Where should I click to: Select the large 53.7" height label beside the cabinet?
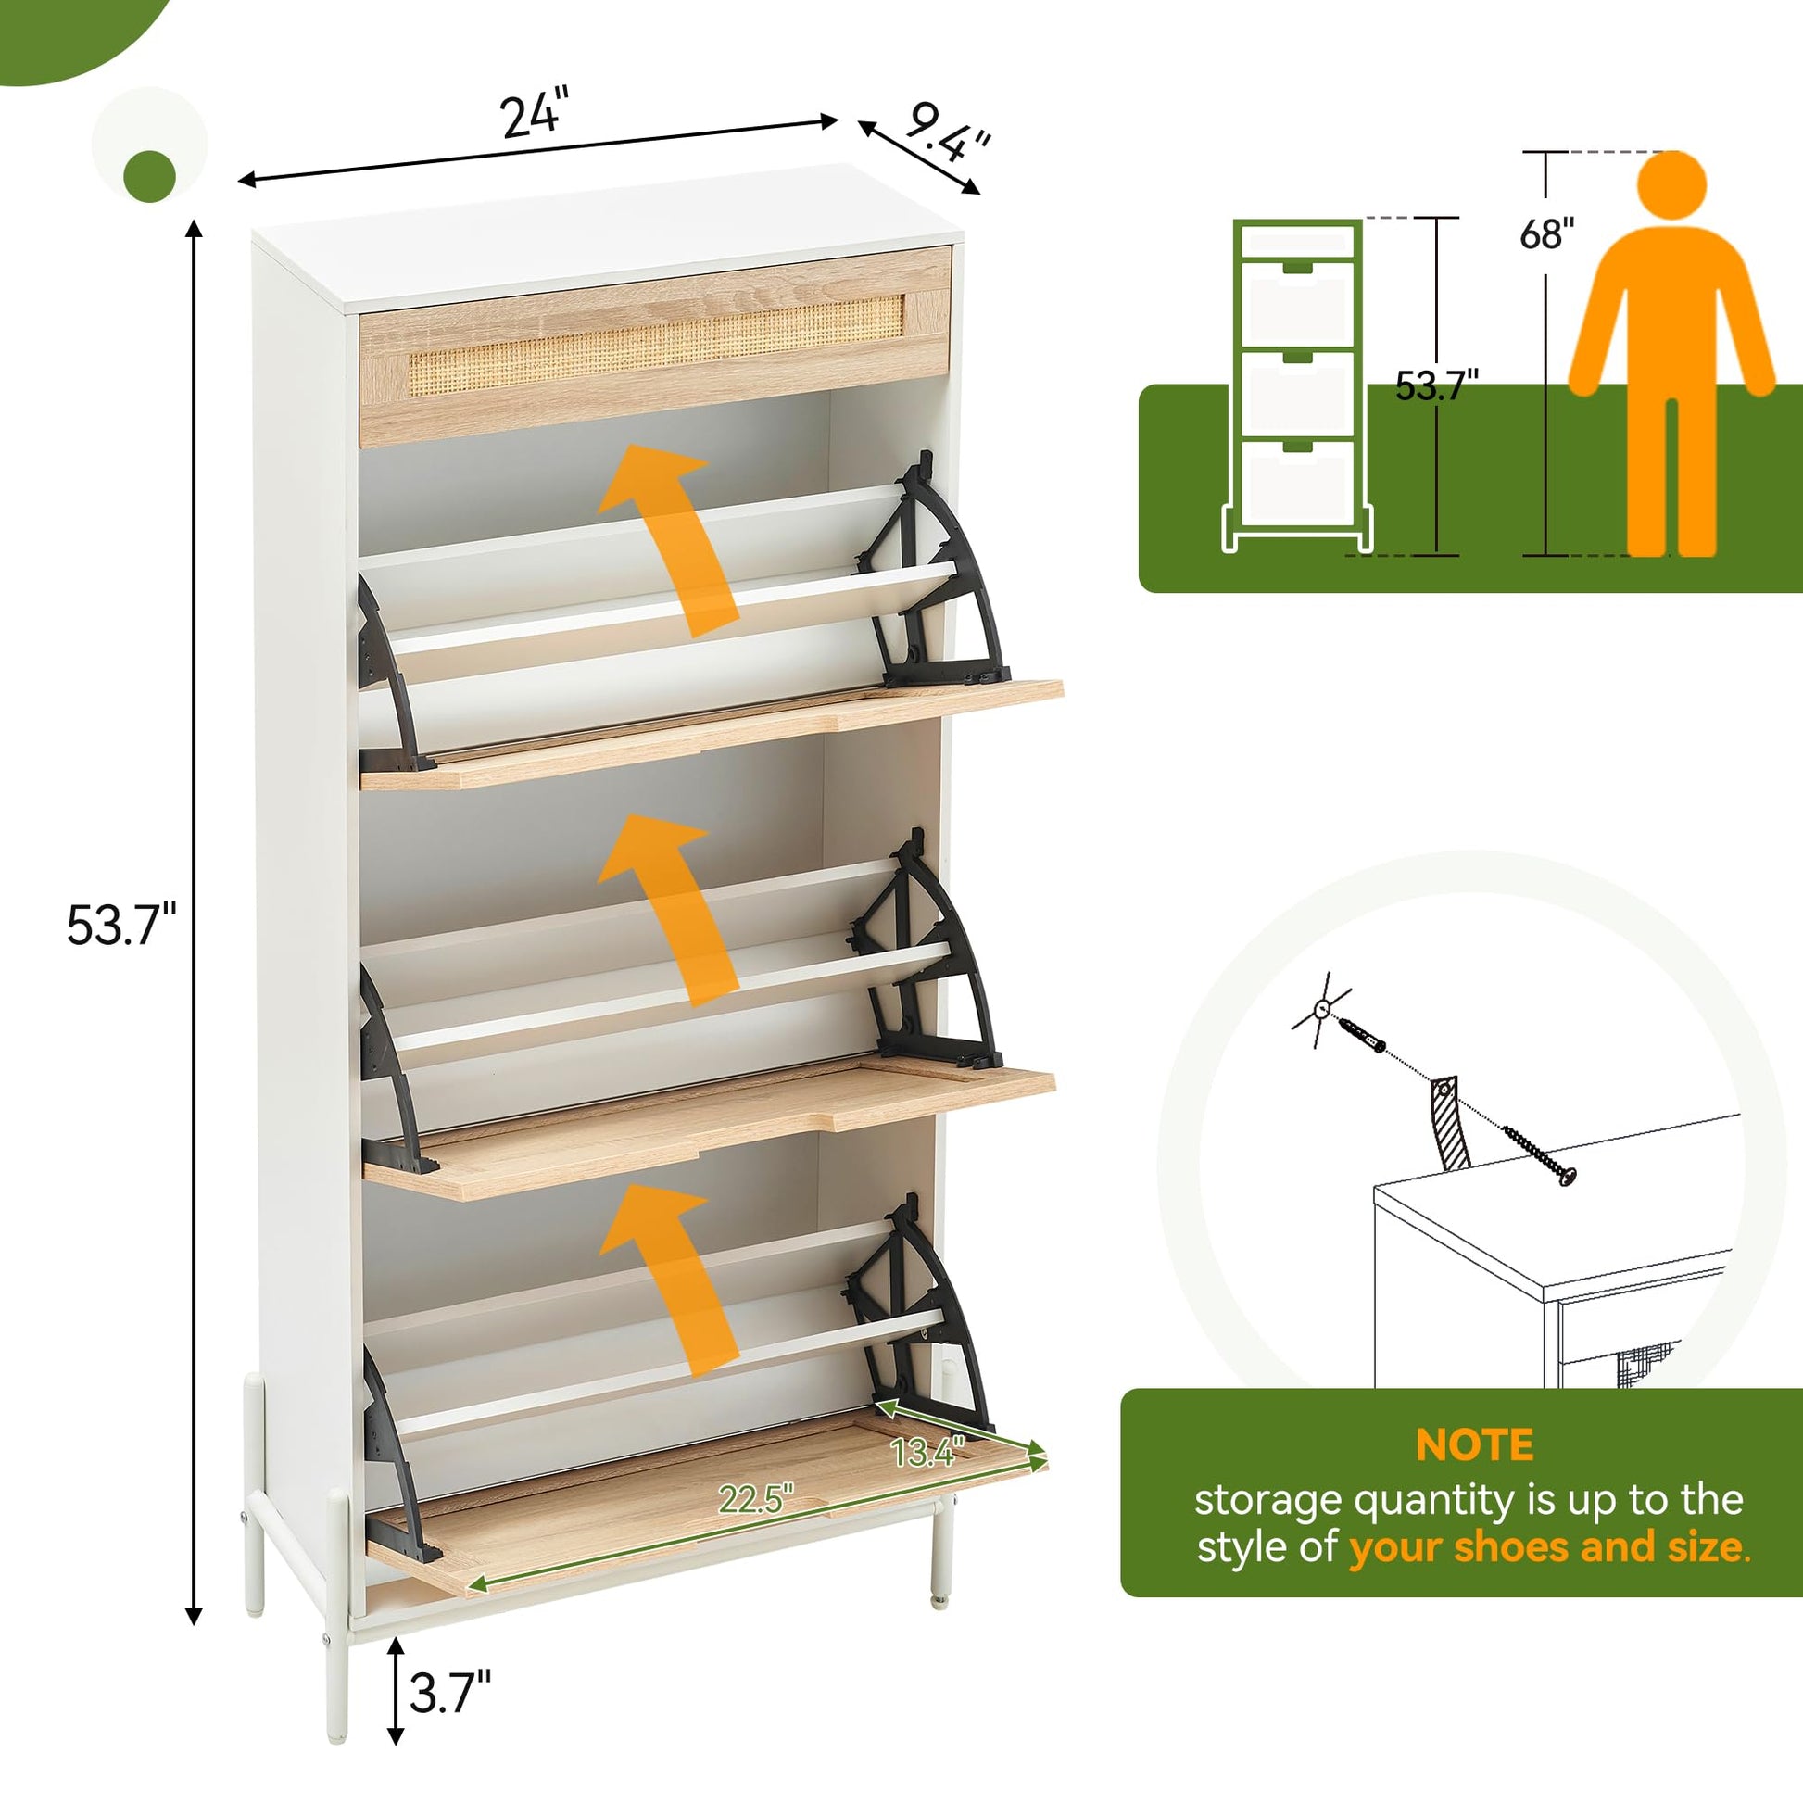coord(121,927)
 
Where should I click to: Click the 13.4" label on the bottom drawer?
coord(926,1452)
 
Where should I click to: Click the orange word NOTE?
coord(1474,1445)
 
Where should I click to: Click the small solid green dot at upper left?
coord(149,175)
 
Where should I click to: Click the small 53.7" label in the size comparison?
coord(1437,385)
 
